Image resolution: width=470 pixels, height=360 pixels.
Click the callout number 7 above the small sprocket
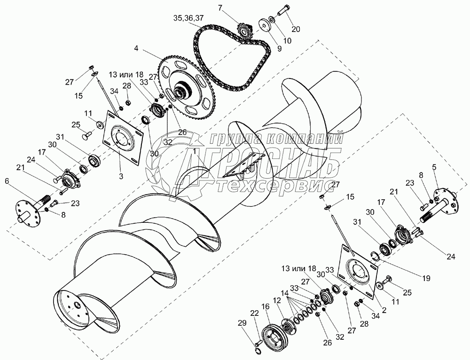220,8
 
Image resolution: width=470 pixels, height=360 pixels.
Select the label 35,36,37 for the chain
188,18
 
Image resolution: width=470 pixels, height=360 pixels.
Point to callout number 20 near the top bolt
296,29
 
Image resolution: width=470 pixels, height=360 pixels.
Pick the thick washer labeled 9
264,25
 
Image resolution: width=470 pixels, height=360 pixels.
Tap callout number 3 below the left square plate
121,176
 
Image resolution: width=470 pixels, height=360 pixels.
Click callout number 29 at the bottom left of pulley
242,323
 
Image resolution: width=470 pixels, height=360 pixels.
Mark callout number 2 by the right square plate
384,310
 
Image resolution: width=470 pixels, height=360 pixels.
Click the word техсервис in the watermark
272,186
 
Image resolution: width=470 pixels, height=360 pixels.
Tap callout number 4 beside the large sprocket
136,48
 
